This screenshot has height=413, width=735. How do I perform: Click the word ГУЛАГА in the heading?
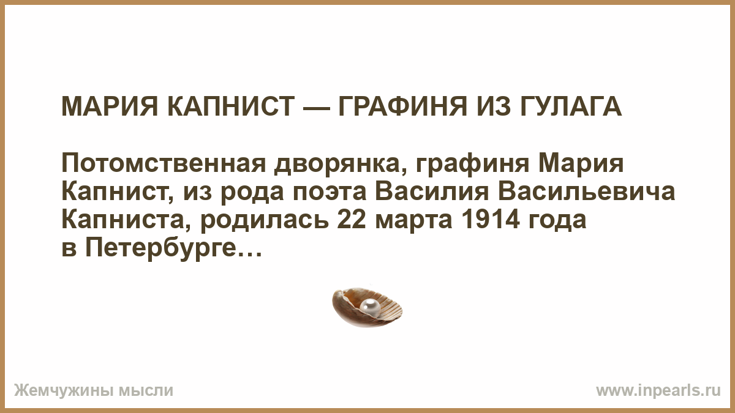(570, 107)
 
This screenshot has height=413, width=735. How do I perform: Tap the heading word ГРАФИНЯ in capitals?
(402, 106)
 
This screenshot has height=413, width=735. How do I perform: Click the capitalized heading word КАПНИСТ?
(231, 106)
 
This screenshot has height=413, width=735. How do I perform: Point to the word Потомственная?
(164, 163)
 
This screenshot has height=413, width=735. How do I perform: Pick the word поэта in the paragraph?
(330, 192)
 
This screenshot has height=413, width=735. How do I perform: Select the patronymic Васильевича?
(586, 192)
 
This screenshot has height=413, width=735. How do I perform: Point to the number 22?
(352, 220)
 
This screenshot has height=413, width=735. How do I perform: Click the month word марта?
(414, 221)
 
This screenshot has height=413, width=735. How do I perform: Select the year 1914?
(491, 220)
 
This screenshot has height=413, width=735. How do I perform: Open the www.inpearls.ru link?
(658, 391)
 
